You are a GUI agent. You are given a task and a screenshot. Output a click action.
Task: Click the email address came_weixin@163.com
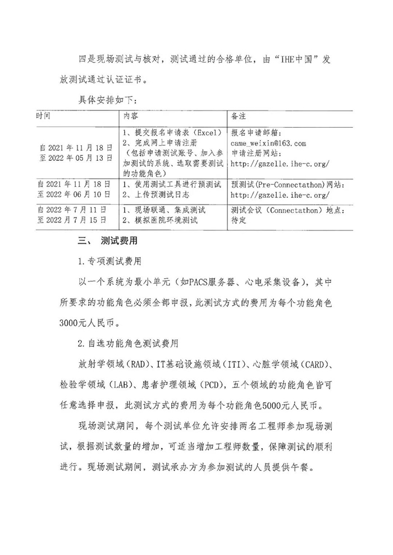pos(268,144)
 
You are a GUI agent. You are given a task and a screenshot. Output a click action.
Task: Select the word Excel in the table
pos(198,134)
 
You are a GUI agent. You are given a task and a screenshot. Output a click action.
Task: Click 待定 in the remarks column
pos(239,220)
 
